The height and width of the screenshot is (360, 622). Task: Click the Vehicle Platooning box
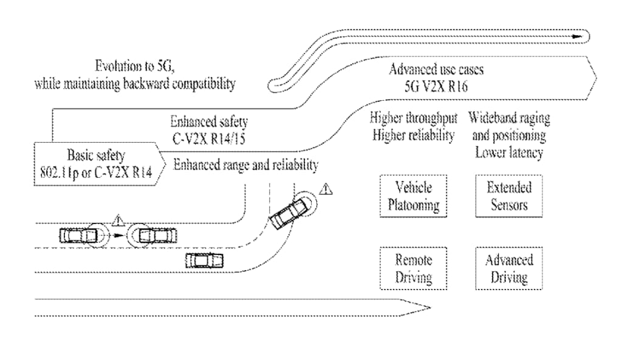coord(413,195)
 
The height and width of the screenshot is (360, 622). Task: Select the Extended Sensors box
coord(509,195)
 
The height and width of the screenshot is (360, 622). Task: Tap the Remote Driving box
coord(413,269)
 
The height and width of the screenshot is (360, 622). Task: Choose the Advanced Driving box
coord(509,269)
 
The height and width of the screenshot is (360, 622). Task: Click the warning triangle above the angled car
coord(327,189)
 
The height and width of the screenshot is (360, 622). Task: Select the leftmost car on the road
coord(78,235)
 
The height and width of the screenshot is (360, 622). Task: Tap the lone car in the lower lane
coord(204,261)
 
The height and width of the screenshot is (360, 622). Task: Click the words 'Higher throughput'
coord(413,118)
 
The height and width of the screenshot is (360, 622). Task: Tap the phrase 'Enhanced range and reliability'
coord(246,165)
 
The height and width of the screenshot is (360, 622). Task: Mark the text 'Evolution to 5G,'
coord(134,66)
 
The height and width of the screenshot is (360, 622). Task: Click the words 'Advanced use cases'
coord(436,69)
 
